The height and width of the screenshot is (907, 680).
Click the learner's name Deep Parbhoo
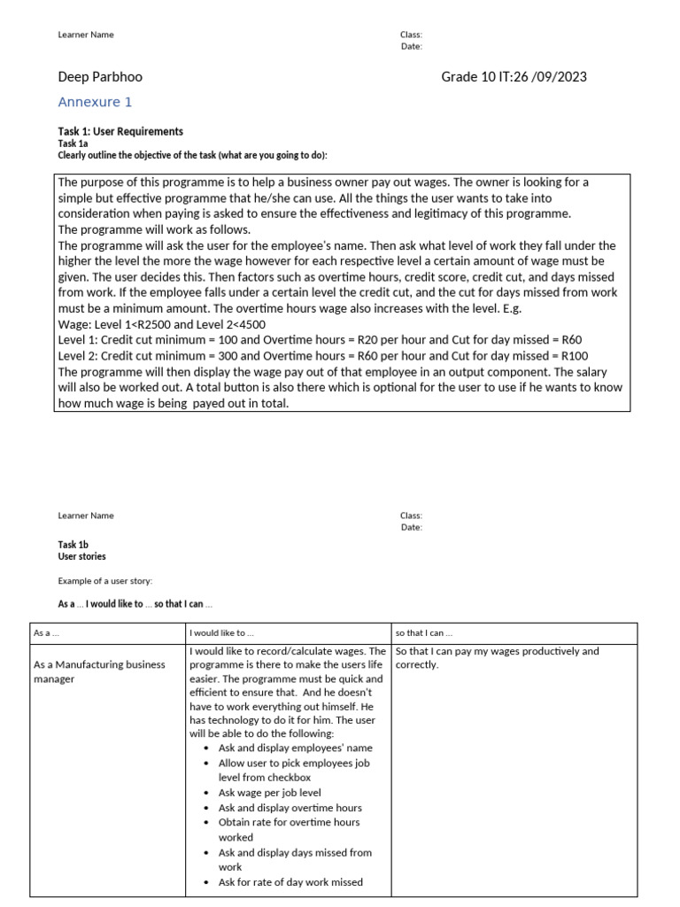(x=99, y=77)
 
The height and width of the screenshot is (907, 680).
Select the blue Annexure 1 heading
(x=95, y=102)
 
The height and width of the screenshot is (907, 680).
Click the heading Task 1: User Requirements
(x=120, y=131)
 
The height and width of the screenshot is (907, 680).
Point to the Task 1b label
(x=73, y=545)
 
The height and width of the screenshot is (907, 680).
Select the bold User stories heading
(x=81, y=557)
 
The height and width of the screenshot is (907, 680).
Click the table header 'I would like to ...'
(x=221, y=633)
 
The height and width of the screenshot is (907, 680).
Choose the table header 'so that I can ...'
(x=424, y=633)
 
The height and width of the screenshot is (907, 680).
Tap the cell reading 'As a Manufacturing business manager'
(x=98, y=671)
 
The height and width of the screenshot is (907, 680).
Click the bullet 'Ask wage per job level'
(x=269, y=793)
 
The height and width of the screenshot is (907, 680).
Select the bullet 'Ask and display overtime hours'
(x=290, y=808)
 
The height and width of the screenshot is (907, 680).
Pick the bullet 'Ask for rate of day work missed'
(x=290, y=882)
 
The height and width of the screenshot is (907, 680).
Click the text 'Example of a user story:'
(x=104, y=581)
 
